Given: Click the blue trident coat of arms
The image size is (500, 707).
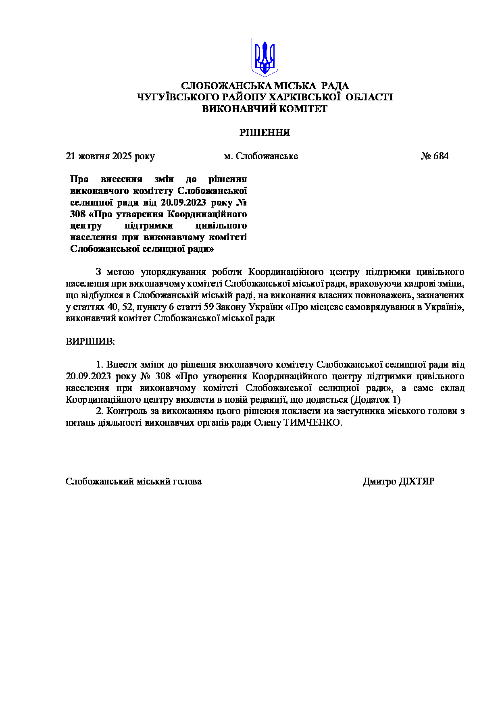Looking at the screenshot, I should [265, 57].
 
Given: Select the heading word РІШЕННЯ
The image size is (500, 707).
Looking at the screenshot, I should [265, 133].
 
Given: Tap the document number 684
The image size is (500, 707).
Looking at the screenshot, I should [441, 156].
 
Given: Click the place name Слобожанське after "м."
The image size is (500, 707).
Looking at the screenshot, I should [267, 156].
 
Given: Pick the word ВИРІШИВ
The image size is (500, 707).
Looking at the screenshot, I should [90, 341].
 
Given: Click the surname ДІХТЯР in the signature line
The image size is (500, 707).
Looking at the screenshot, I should [417, 481].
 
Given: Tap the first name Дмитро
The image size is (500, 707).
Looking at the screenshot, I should [379, 481].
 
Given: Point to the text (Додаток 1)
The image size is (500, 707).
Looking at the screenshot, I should [375, 399].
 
